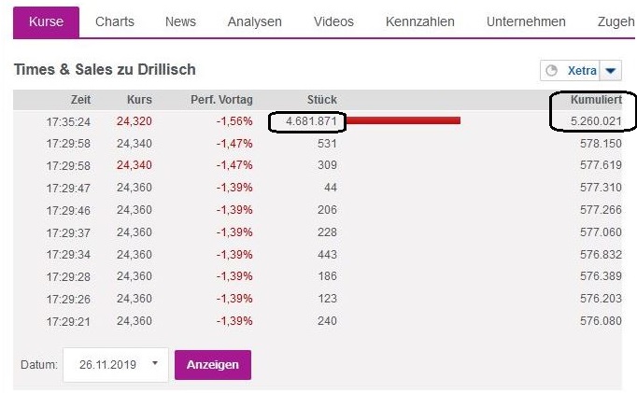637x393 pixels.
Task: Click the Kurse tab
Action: coord(46,21)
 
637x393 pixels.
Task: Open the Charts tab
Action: coord(115,21)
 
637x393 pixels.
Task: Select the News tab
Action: coord(180,21)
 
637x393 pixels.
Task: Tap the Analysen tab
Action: coord(254,21)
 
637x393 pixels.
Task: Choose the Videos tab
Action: coord(333,21)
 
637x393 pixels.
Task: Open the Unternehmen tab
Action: coord(526,21)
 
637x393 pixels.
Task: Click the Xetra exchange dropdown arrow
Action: coord(610,71)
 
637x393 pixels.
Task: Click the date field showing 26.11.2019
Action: coord(117,364)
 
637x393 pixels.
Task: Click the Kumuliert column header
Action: coord(595,100)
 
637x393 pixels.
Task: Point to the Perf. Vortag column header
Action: coord(221,100)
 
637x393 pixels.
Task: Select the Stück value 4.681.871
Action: coord(307,122)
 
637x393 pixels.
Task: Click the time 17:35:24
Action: coord(68,122)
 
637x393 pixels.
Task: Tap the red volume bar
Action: coord(404,119)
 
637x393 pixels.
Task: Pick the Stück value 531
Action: coord(327,144)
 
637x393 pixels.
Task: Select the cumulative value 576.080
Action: coord(601,320)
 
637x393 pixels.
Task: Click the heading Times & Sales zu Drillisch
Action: coord(105,70)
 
